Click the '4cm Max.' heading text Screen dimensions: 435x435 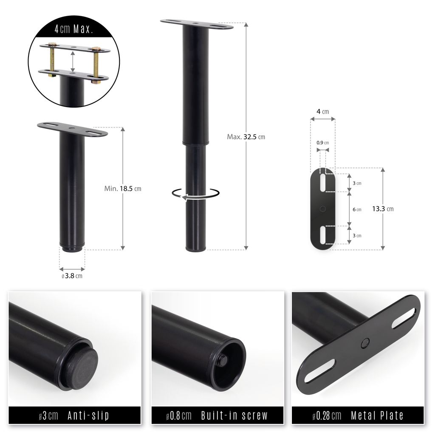click(x=73, y=29)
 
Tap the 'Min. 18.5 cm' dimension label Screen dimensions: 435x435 click(x=123, y=189)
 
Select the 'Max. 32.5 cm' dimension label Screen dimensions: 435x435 click(x=246, y=137)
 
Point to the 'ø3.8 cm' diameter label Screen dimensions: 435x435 click(x=72, y=276)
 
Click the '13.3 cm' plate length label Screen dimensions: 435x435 click(x=383, y=209)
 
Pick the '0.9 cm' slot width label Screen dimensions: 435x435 click(x=323, y=143)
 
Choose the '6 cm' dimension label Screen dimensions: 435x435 click(x=357, y=209)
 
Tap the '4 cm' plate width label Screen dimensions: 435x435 click(x=323, y=112)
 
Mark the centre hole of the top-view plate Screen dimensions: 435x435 click(x=323, y=209)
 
